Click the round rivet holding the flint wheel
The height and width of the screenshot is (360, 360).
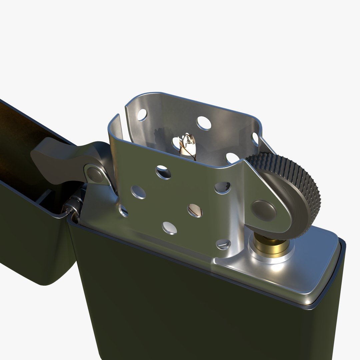pyautogui.click(x=263, y=210)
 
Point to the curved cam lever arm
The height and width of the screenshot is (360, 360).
pyautogui.click(x=57, y=157)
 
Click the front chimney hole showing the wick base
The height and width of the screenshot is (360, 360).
pyautogui.click(x=195, y=210)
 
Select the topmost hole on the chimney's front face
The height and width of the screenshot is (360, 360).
pyautogui.click(x=163, y=172)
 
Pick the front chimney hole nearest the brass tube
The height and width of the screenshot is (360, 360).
pyautogui.click(x=223, y=244)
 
